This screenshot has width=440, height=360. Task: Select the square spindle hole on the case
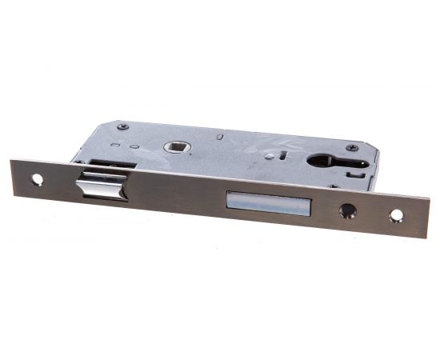[174, 147]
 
